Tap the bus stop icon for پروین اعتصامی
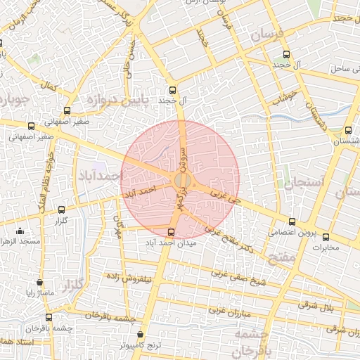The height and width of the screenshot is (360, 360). point(292,222)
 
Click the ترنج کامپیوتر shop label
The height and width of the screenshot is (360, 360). point(140,346)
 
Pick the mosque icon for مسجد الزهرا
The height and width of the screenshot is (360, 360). point(20,231)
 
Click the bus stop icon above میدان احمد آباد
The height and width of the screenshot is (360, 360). point(170,231)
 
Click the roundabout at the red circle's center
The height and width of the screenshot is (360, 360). point(181,181)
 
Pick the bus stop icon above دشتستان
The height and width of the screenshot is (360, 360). point(348,130)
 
